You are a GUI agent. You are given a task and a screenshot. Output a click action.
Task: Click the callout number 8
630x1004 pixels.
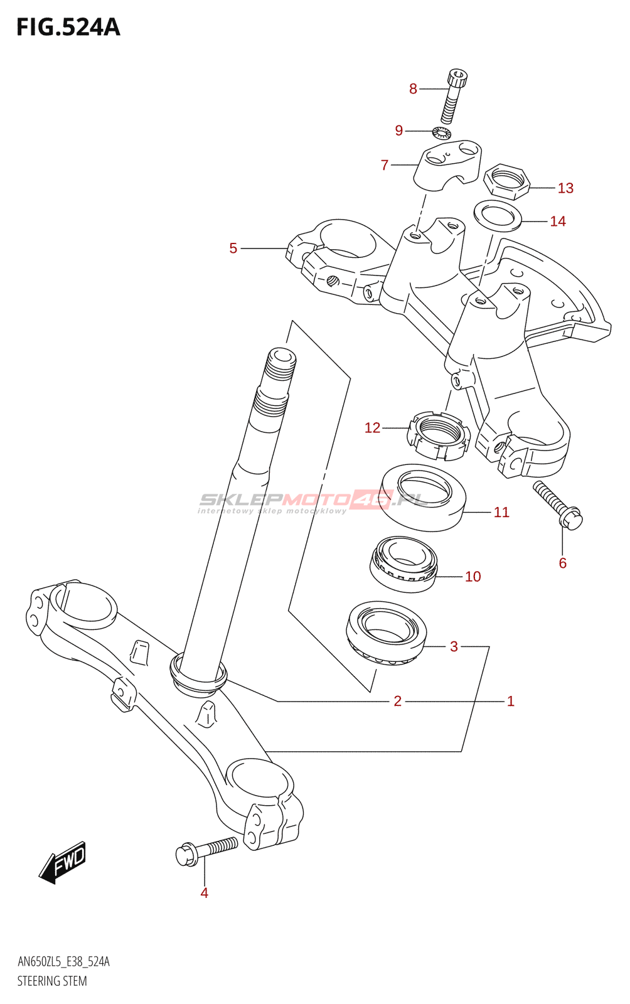tap(413, 88)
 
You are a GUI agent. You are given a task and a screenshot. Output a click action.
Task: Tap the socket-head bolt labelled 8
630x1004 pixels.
tap(454, 97)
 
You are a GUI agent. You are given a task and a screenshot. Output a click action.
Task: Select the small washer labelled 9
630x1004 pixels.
tap(442, 132)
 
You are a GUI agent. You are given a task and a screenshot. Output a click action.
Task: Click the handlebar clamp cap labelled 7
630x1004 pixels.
tap(446, 165)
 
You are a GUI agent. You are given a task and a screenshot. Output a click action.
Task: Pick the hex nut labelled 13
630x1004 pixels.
tap(507, 181)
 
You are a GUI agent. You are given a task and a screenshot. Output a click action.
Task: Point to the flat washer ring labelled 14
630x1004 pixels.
tap(498, 216)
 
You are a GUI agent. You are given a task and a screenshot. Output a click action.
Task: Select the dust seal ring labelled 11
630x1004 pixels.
tap(423, 498)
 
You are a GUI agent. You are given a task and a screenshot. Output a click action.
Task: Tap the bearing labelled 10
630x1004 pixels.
tap(403, 564)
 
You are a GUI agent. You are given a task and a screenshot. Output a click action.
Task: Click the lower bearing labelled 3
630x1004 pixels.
tap(387, 634)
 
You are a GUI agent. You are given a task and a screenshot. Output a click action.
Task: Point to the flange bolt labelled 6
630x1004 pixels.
tap(557, 505)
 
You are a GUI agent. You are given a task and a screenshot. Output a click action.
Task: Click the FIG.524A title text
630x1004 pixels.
tap(68, 28)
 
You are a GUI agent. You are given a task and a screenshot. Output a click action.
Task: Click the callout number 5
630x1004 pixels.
tap(233, 248)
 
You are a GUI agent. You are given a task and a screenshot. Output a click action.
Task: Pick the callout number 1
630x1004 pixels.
tap(510, 700)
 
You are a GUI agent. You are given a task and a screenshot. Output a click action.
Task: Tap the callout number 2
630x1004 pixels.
tap(397, 700)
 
